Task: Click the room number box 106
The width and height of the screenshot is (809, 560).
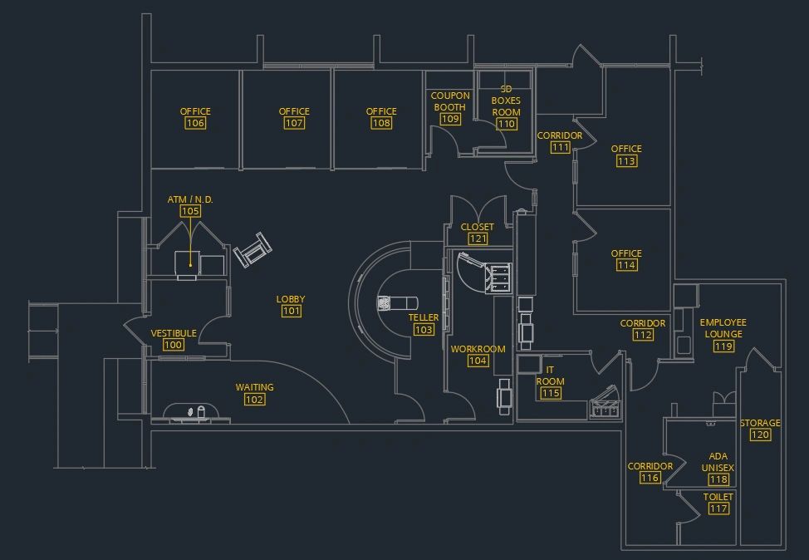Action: (x=195, y=123)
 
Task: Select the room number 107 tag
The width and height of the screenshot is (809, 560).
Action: (x=294, y=123)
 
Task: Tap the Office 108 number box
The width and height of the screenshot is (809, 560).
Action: (x=381, y=123)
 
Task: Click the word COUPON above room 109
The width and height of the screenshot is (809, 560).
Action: (x=450, y=96)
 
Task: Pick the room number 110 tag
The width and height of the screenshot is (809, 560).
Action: (x=506, y=124)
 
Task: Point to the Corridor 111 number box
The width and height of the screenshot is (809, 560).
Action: (x=560, y=147)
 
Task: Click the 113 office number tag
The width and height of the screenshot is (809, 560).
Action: (x=626, y=160)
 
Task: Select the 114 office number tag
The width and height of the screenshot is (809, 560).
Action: (x=626, y=265)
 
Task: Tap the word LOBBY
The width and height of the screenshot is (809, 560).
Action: (x=291, y=299)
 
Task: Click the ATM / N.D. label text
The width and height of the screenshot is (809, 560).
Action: (x=190, y=199)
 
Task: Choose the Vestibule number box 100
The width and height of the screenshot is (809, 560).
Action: (x=174, y=345)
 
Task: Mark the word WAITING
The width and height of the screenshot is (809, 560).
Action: (x=254, y=387)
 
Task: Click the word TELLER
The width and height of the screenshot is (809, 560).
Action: (x=424, y=317)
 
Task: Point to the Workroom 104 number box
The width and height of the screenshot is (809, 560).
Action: (x=478, y=361)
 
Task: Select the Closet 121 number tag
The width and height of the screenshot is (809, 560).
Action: (x=478, y=238)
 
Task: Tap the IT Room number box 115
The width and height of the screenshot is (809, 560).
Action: (x=551, y=393)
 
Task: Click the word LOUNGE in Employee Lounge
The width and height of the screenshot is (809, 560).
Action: (x=723, y=334)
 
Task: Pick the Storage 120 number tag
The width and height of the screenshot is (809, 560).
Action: (x=761, y=435)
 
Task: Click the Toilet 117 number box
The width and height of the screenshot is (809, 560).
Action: (x=718, y=508)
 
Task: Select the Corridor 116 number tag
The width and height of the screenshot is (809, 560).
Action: (x=650, y=478)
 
